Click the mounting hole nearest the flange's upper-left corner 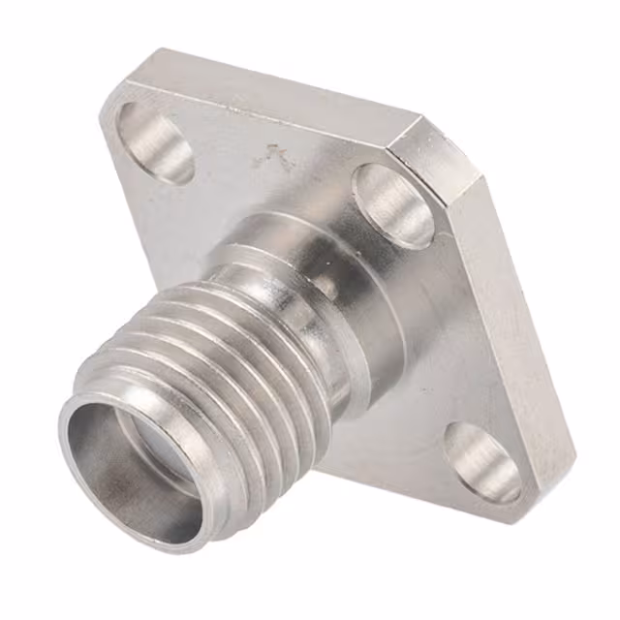[156, 141]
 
